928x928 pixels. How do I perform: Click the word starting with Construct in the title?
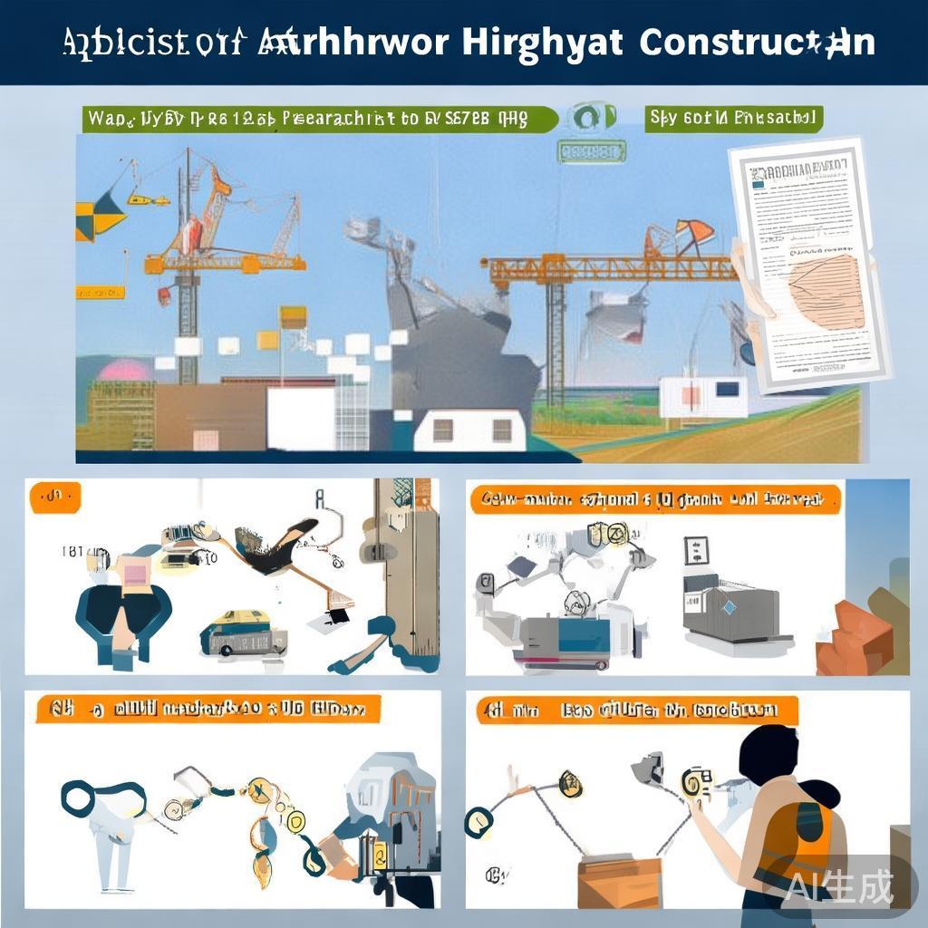(756, 43)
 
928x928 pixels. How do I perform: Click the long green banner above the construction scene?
(317, 119)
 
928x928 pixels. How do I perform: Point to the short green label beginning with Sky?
(733, 119)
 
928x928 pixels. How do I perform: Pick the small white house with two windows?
(469, 430)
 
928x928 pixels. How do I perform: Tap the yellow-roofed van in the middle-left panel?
(237, 632)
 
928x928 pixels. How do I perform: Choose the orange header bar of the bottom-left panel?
(208, 708)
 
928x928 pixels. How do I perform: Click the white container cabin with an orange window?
(702, 397)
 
